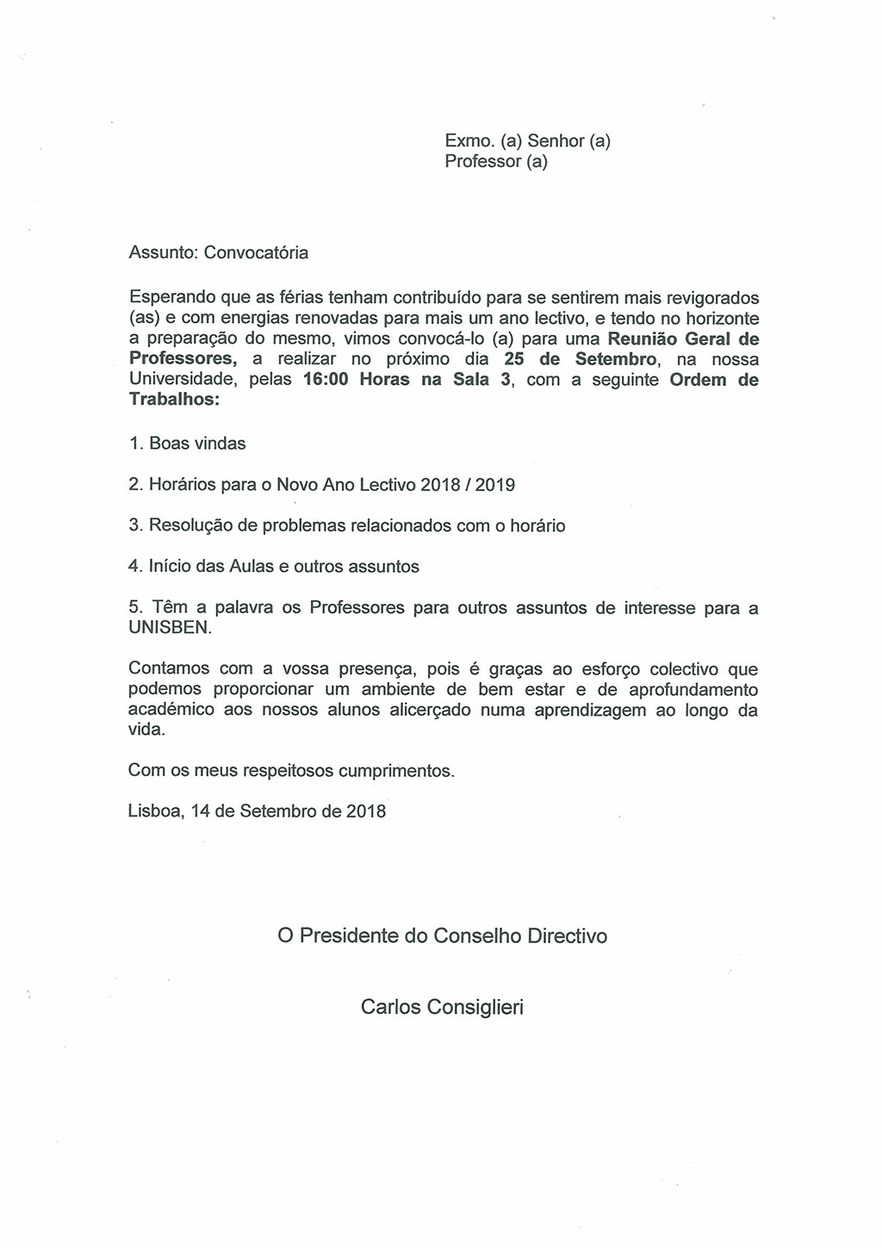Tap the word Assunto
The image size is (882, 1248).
pyautogui.click(x=163, y=253)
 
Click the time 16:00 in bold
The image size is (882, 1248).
pyautogui.click(x=326, y=380)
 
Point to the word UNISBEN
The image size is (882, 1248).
pyautogui.click(x=168, y=628)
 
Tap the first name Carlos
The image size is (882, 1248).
pyautogui.click(x=390, y=1006)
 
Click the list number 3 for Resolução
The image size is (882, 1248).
pyautogui.click(x=134, y=525)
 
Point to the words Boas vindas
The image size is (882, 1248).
pyautogui.click(x=197, y=444)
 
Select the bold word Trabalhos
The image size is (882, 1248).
pyautogui.click(x=172, y=400)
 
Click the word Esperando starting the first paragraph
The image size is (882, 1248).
pyautogui.click(x=171, y=298)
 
